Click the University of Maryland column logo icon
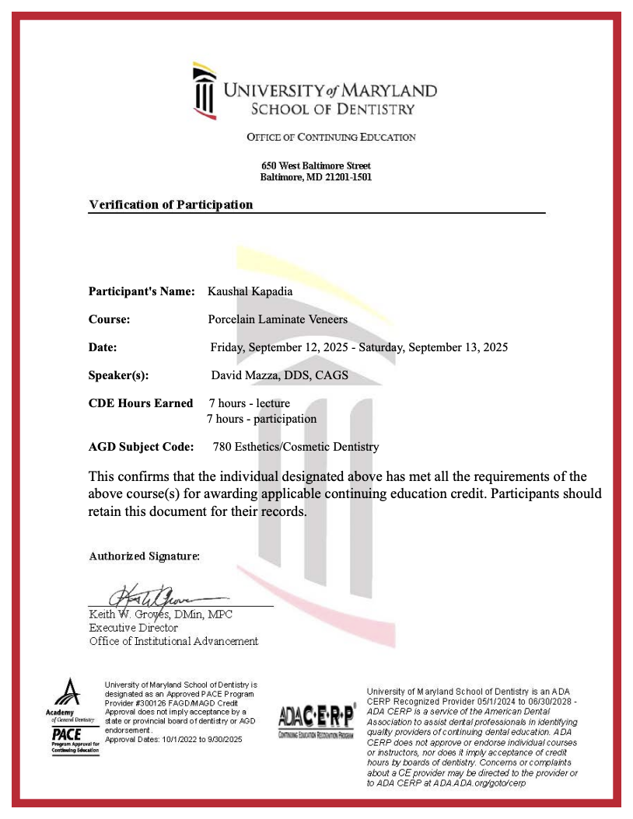click(205, 91)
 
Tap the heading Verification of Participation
click(170, 205)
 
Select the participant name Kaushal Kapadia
click(250, 291)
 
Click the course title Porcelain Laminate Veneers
click(278, 319)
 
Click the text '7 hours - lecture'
click(250, 403)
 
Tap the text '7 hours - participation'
click(261, 419)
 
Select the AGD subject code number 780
click(222, 447)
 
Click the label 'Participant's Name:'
click(142, 291)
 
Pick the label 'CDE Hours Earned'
click(141, 403)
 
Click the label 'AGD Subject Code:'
click(141, 447)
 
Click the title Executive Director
click(133, 628)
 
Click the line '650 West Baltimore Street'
click(316, 166)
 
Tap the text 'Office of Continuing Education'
click(331, 138)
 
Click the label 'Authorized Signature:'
click(145, 556)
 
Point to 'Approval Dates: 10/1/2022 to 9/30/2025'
click(173, 740)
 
